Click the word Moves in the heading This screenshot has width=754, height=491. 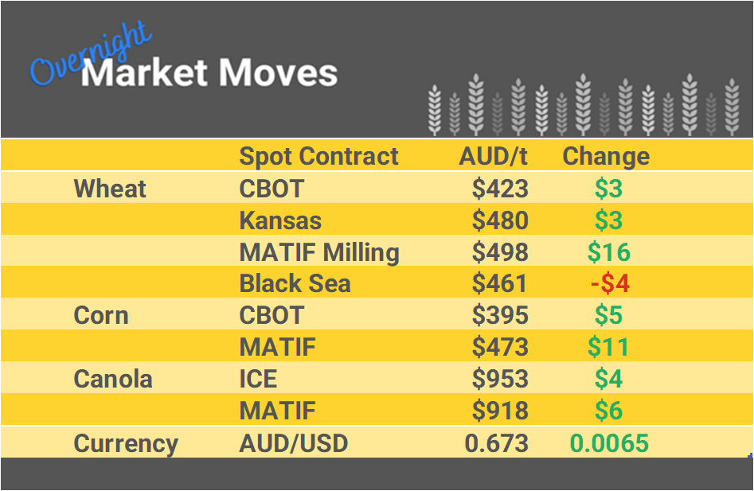pos(278,73)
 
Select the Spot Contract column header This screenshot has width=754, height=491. pos(318,156)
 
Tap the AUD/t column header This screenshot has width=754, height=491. pos(494,156)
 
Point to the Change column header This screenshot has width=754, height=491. pos(606,156)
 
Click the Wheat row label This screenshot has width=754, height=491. pos(110,189)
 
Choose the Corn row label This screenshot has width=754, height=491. pos(101,315)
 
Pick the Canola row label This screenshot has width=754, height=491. pos(112,379)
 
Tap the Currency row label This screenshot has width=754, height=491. pos(126,443)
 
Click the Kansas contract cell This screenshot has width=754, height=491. pos(281,220)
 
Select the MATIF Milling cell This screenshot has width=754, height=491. pos(319,252)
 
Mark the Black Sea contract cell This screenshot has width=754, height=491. pos(295,284)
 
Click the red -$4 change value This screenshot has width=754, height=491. pos(609,284)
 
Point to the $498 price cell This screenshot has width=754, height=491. pos(500,252)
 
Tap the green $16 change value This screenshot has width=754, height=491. pos(609,252)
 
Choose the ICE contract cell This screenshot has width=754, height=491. pos(259,379)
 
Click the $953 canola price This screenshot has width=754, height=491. pos(500,379)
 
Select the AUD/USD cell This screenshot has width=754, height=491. pos(294,443)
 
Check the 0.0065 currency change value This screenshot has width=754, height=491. pos(609,443)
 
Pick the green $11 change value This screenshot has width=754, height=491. pos(609,347)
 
